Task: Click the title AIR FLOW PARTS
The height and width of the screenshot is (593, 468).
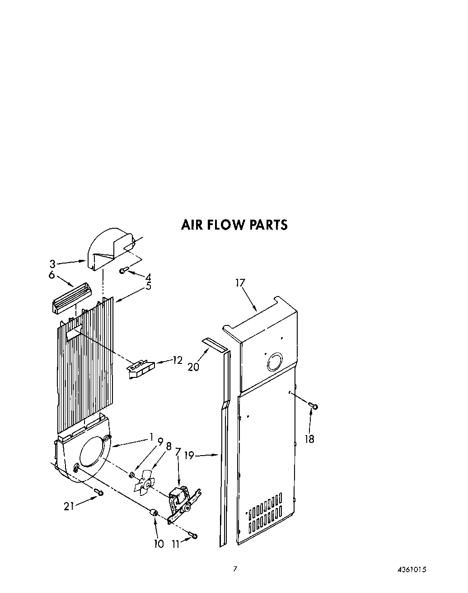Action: coord(234,225)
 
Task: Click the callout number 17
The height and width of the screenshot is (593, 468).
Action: coord(240,283)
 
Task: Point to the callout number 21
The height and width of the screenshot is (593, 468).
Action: coord(69,507)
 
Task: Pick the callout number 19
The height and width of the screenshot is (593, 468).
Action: coord(189,456)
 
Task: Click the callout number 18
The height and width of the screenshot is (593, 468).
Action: coord(309,438)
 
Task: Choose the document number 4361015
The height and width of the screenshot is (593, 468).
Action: coord(412,570)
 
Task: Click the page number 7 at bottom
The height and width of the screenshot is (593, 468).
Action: coord(234,569)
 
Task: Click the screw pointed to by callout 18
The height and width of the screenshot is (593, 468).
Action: coord(314,406)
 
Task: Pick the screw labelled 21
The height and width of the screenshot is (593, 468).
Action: coord(98,492)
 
